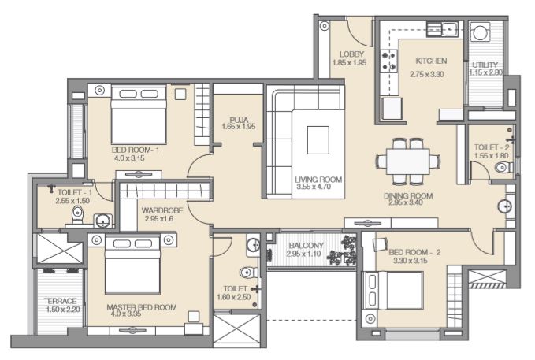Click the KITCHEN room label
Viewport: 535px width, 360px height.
[x=431, y=61]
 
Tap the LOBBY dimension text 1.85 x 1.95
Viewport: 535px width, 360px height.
[x=349, y=63]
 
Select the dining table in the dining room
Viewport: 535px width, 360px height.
[x=407, y=161]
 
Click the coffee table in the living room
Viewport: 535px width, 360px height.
[x=318, y=140]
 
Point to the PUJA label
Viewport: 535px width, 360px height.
[x=239, y=120]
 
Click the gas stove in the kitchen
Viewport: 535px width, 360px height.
[x=389, y=61]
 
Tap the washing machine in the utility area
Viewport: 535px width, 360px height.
[x=480, y=32]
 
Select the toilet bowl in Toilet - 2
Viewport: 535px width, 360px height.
[x=503, y=168]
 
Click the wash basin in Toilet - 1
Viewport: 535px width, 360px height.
[x=102, y=221]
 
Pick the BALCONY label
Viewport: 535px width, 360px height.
[x=306, y=245]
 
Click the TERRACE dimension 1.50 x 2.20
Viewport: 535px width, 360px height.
[x=63, y=310]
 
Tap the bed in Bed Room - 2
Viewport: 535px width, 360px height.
[x=393, y=291]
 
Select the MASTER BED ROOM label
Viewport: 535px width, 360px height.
[x=142, y=307]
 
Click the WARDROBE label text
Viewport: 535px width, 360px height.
[x=162, y=210]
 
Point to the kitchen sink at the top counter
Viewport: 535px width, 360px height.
[x=442, y=29]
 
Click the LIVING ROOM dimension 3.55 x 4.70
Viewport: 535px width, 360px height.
[x=314, y=187]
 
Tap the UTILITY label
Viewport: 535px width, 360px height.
[x=485, y=65]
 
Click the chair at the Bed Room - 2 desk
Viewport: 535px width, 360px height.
[x=381, y=244]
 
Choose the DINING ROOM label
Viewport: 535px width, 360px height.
[x=408, y=196]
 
